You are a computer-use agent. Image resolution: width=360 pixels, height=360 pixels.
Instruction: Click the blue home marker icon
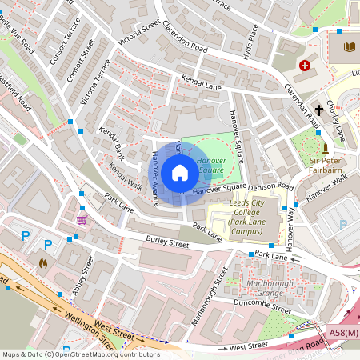pyautogui.click(x=180, y=173)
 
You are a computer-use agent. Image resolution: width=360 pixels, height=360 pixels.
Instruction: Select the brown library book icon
pyautogui.click(x=349, y=48)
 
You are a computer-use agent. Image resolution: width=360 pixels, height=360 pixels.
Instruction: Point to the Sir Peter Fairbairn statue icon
pyautogui.click(x=325, y=149)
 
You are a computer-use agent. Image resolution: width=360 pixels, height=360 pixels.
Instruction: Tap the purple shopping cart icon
pyautogui.click(x=82, y=219)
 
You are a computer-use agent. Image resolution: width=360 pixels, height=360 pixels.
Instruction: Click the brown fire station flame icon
pyautogui.click(x=43, y=262)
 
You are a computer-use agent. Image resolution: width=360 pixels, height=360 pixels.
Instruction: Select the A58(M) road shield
pyautogui.click(x=342, y=329)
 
